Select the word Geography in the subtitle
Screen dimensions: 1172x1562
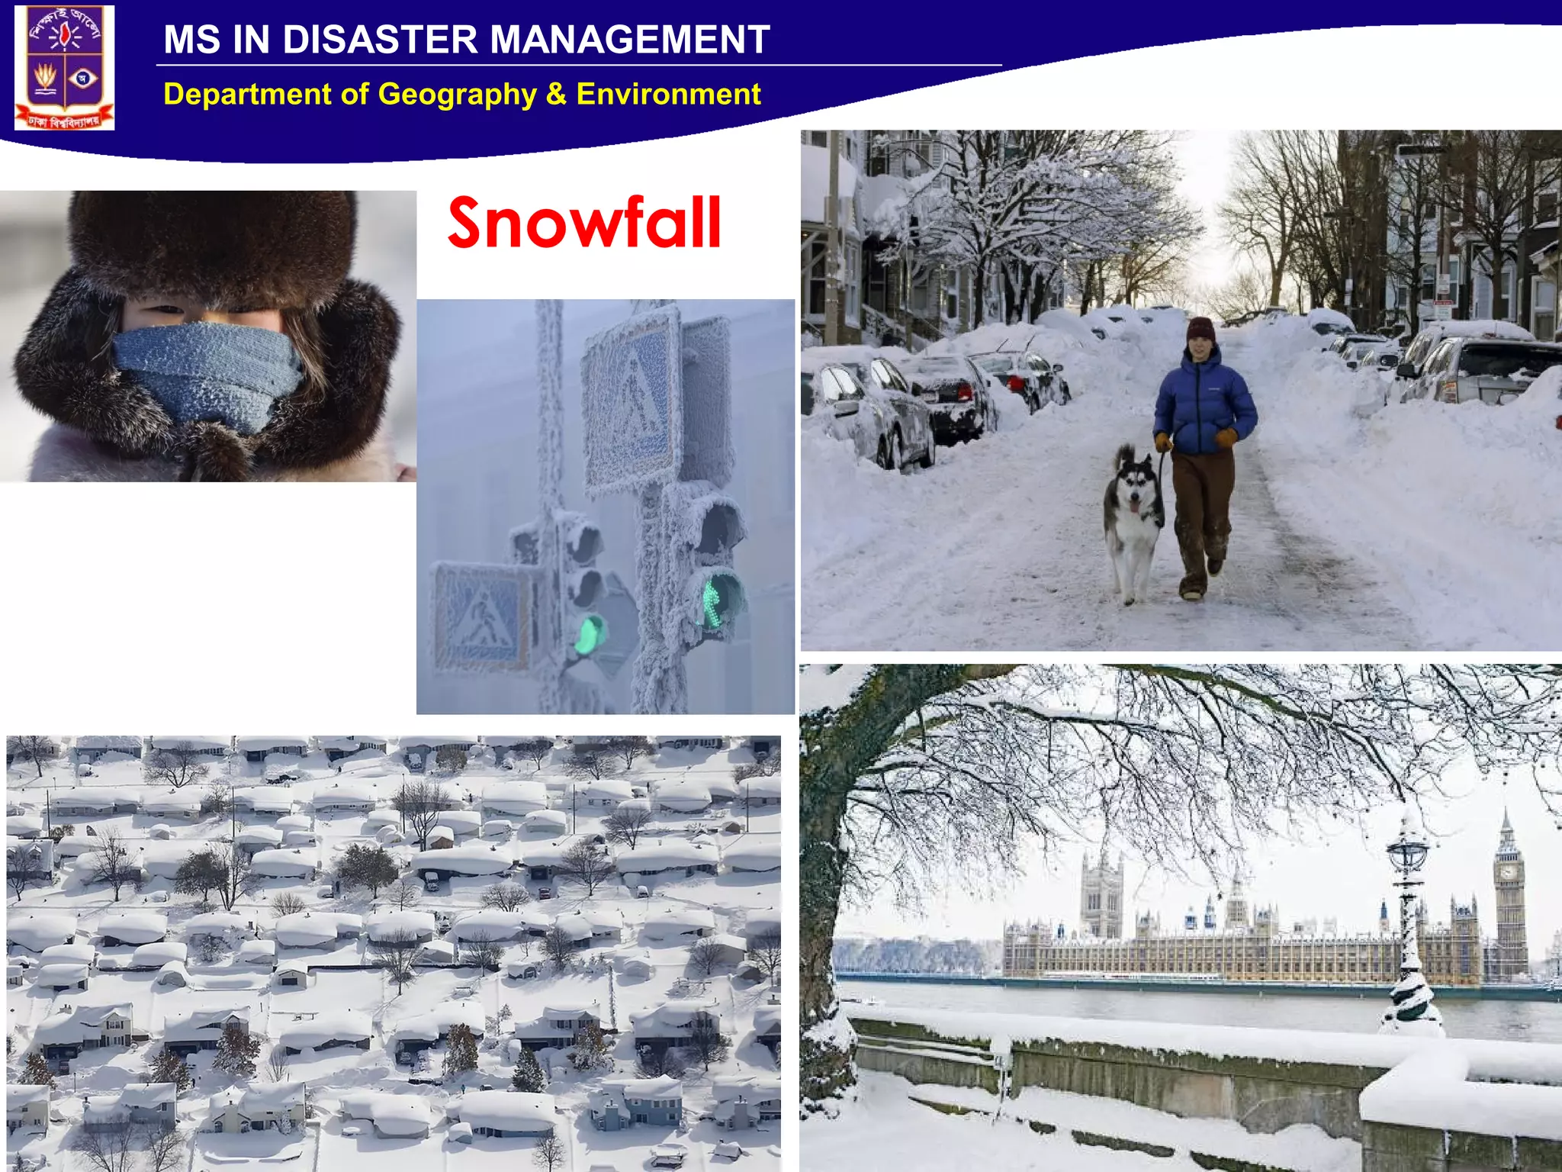pyautogui.click(x=457, y=95)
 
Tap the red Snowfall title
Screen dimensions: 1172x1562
pyautogui.click(x=584, y=223)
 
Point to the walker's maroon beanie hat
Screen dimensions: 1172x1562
pyautogui.click(x=1200, y=330)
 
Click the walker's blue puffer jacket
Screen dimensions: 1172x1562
pyautogui.click(x=1204, y=404)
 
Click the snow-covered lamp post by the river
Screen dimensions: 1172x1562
pyautogui.click(x=1409, y=931)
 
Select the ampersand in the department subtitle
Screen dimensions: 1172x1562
pyautogui.click(x=556, y=95)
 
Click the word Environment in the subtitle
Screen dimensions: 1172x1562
pyautogui.click(x=668, y=95)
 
